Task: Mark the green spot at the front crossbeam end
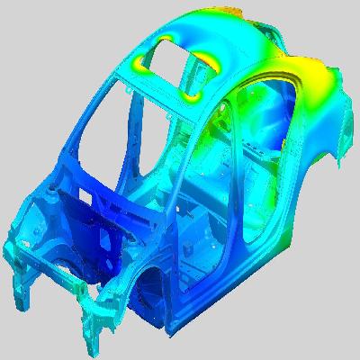click(x=83, y=290)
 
